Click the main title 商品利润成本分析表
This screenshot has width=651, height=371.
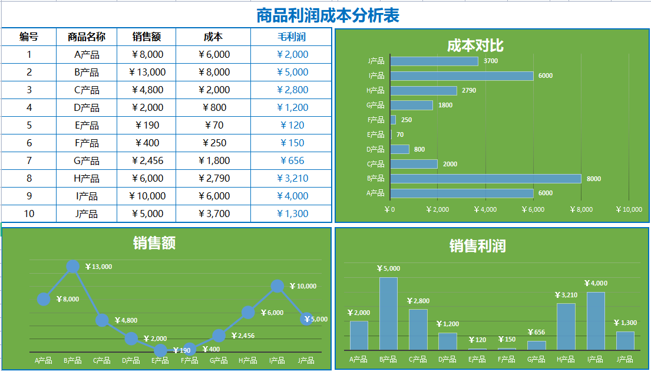click(328, 15)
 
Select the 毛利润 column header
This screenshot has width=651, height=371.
click(292, 37)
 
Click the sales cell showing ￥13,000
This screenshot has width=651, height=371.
click(147, 72)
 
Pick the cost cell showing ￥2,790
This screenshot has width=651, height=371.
click(213, 178)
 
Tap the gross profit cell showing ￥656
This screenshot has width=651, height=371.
click(292, 160)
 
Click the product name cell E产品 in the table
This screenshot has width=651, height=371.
click(87, 125)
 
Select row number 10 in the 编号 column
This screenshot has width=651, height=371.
click(29, 214)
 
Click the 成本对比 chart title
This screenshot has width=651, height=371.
click(475, 45)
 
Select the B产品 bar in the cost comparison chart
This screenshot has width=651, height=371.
click(485, 179)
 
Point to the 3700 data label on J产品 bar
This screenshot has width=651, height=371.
click(490, 61)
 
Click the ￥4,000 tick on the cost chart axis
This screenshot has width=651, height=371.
click(485, 209)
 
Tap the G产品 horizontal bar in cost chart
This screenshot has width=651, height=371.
click(411, 105)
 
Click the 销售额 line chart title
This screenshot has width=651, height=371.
click(154, 242)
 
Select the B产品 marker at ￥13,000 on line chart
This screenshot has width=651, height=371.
click(72, 267)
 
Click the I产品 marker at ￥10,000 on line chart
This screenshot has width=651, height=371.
click(277, 286)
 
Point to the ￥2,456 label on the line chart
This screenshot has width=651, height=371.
click(243, 336)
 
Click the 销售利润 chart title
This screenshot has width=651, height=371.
click(477, 246)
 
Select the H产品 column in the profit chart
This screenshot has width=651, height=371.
click(566, 327)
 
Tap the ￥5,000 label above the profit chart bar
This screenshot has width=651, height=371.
click(389, 269)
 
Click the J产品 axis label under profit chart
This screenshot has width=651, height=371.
click(624, 359)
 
